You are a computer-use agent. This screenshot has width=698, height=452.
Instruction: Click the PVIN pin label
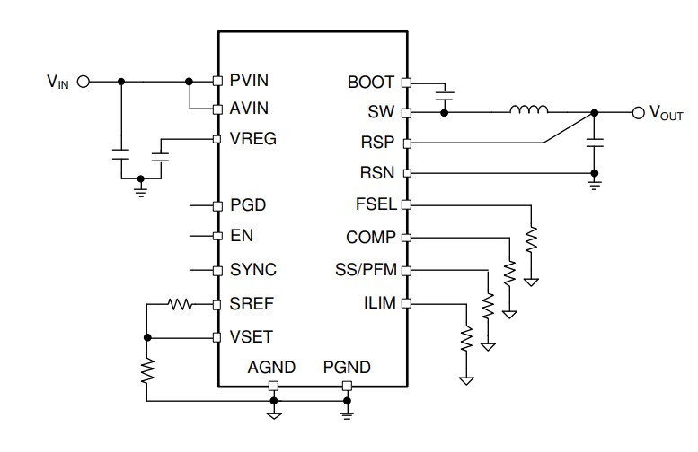click(x=248, y=81)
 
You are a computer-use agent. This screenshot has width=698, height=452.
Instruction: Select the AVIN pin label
click(x=248, y=109)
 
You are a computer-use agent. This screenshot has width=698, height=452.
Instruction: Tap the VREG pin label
click(x=252, y=139)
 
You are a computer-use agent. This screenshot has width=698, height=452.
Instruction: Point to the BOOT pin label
click(x=370, y=83)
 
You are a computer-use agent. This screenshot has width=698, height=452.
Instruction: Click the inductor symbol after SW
click(x=529, y=111)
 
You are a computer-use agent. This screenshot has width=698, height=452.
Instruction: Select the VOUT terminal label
click(x=666, y=114)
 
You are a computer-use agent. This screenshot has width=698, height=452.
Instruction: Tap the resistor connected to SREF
click(x=181, y=305)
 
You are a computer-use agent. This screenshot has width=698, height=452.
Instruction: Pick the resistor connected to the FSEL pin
click(x=532, y=239)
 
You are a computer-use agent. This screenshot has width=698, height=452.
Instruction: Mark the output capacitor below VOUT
click(x=593, y=142)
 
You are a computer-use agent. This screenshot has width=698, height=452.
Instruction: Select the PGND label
click(x=347, y=368)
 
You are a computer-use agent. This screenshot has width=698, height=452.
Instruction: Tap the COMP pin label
click(x=369, y=238)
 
